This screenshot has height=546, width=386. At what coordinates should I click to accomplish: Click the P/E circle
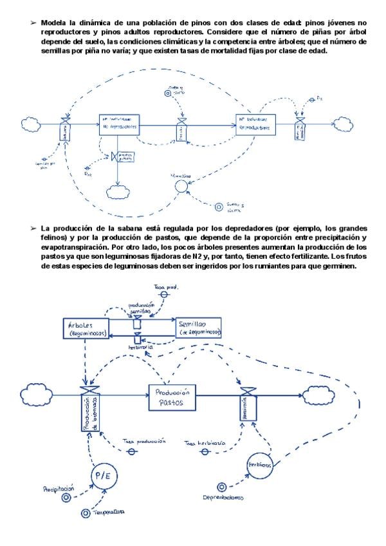tap(102, 477)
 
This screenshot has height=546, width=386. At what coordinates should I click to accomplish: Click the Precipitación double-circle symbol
tap(66, 497)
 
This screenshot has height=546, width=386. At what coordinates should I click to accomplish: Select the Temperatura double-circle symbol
tap(86, 513)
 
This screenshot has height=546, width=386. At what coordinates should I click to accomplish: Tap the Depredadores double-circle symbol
tap(222, 487)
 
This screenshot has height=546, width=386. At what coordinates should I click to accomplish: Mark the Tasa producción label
tap(145, 442)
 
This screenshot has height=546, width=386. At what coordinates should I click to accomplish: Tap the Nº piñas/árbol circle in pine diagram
tap(182, 185)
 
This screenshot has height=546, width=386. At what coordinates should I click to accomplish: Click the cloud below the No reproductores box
tap(119, 191)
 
